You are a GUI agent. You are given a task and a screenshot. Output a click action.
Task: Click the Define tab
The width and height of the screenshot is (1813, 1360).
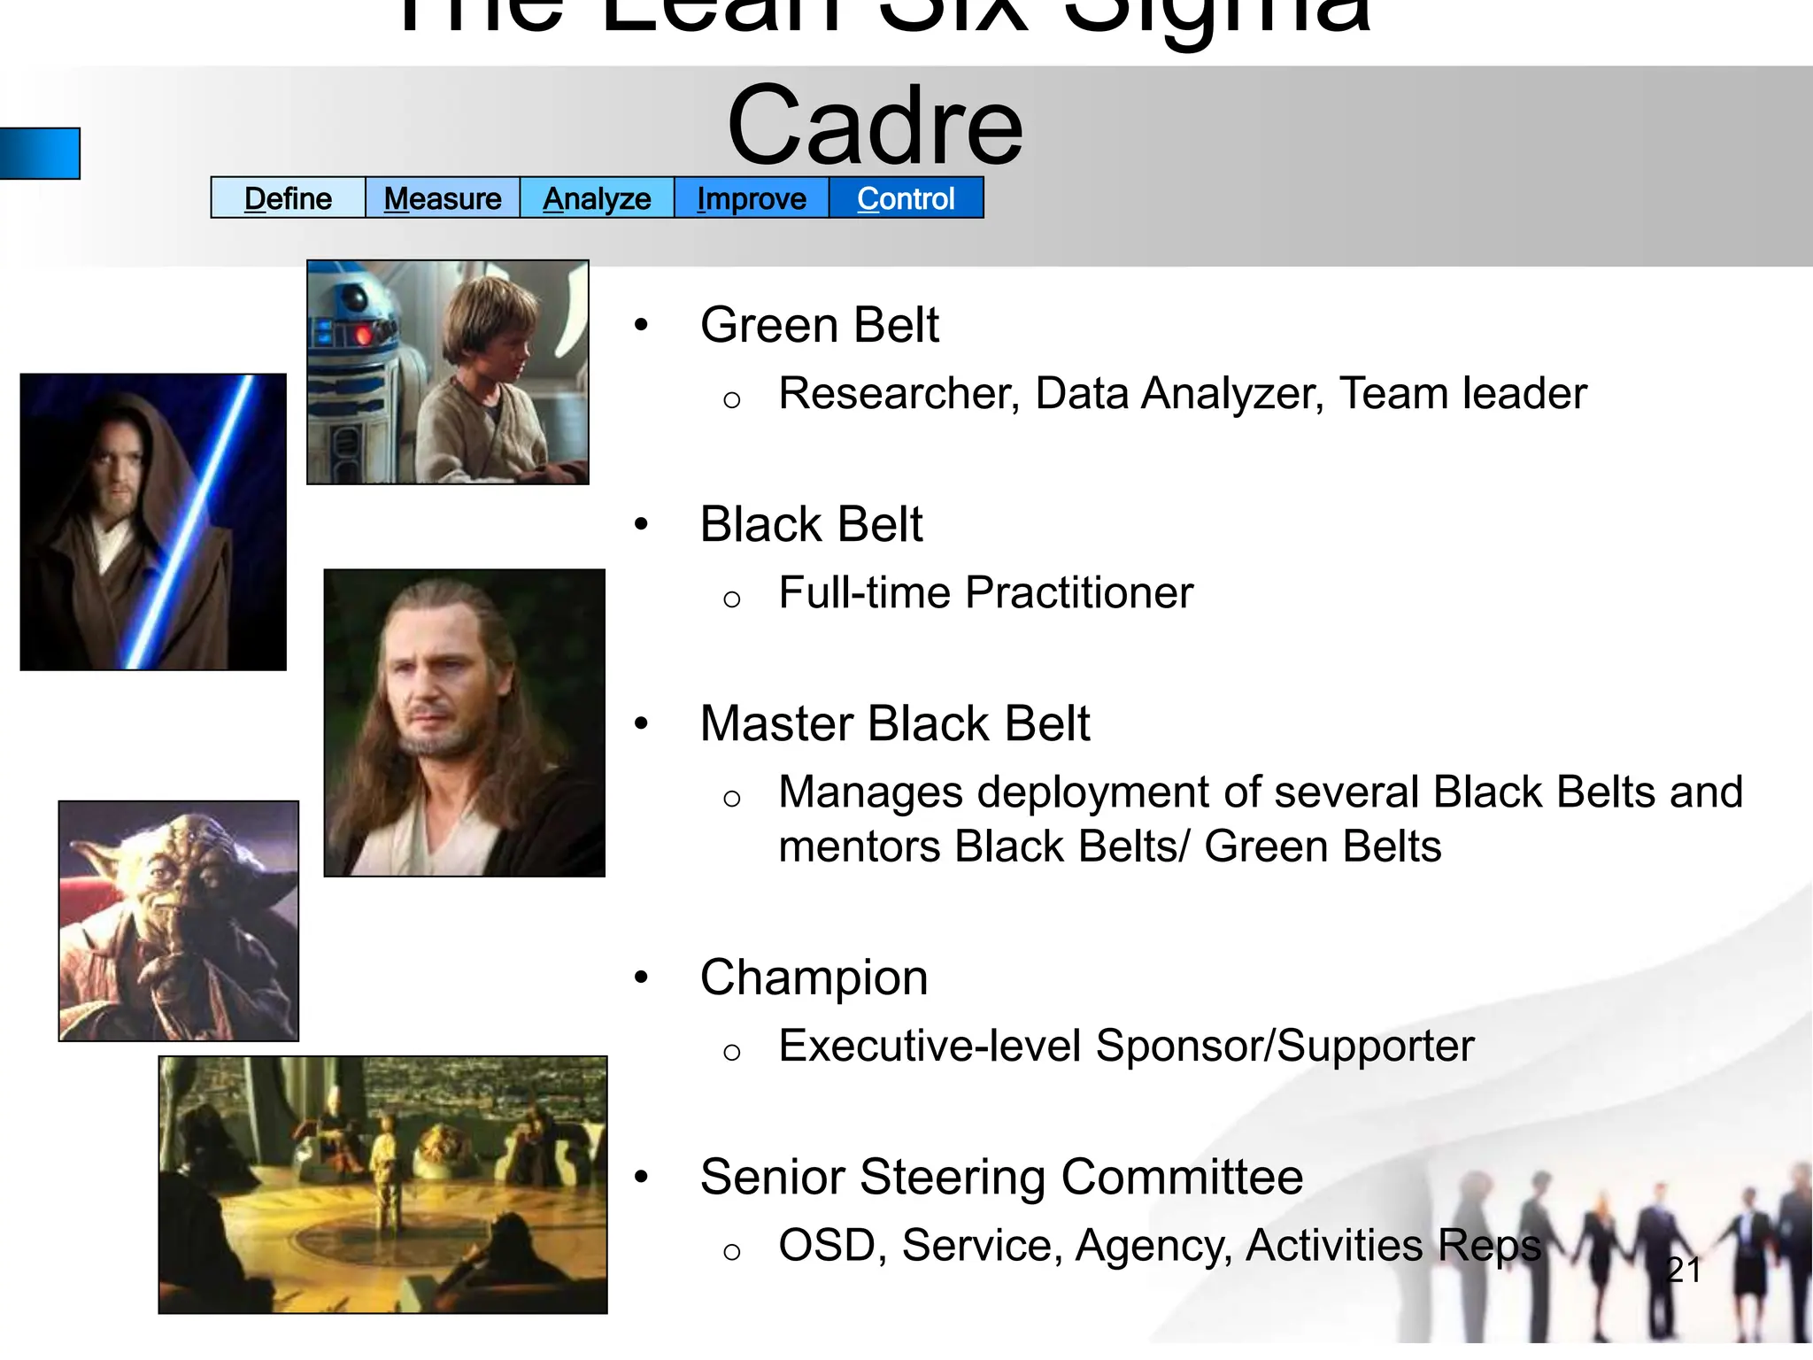point(288,198)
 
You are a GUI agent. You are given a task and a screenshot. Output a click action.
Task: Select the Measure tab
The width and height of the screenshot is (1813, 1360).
point(443,198)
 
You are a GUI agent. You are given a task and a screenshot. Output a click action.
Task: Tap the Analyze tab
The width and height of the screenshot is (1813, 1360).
point(597,198)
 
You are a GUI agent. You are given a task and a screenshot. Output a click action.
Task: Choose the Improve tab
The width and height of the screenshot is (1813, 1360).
point(752,198)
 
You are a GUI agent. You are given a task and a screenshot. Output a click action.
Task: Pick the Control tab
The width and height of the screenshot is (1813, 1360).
point(906,198)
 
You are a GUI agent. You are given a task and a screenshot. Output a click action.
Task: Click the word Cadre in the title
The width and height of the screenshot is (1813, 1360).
point(875,126)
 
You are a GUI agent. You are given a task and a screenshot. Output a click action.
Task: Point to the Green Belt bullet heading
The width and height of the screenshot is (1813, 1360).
point(819,325)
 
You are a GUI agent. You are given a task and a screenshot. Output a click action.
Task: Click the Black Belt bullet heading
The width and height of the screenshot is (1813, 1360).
point(811,524)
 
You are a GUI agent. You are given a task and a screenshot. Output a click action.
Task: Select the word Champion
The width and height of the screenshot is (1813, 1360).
point(814,977)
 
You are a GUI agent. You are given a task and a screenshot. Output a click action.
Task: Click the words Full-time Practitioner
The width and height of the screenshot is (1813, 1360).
point(985,592)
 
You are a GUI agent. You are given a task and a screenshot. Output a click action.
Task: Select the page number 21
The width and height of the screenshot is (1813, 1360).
point(1684,1270)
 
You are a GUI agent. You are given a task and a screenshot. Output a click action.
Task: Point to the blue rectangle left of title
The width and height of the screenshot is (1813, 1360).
point(40,153)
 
